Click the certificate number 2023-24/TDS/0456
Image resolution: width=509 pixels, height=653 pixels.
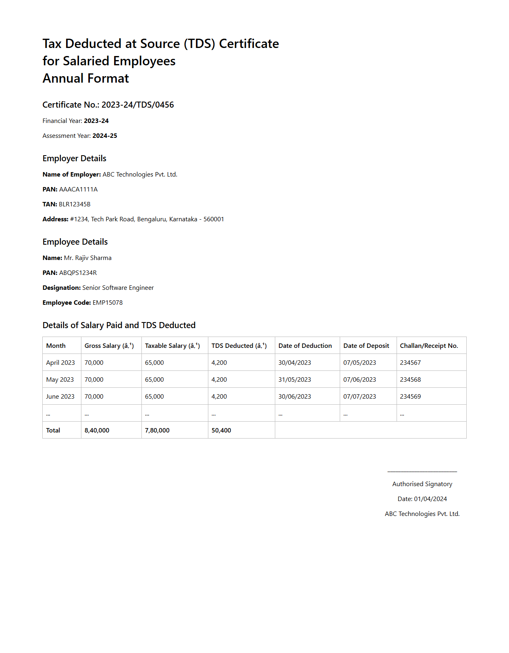[137, 105]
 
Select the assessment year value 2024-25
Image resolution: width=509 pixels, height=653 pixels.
[105, 136]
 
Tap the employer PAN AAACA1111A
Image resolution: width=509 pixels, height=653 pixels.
[78, 189]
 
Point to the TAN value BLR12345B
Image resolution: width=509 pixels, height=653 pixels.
[75, 204]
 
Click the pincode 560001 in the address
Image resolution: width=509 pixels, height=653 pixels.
[214, 219]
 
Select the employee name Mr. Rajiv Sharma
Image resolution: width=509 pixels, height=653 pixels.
[87, 258]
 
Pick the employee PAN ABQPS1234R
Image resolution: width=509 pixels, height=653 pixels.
[78, 273]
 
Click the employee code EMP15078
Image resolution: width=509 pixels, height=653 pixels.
[108, 303]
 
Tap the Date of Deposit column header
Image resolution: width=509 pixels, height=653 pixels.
[366, 346]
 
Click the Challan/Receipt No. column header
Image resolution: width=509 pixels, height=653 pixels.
[429, 346]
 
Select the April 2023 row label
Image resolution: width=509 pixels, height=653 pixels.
[60, 363]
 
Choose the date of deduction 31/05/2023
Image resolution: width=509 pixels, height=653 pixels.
[295, 380]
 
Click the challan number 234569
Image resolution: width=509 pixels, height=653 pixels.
[410, 397]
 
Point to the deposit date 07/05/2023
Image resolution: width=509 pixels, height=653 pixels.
[359, 363]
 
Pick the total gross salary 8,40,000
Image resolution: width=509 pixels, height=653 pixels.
[97, 430]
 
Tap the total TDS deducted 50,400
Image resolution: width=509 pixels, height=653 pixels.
[221, 430]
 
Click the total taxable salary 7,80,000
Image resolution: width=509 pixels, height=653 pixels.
[157, 430]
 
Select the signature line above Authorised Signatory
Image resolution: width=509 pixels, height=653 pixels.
[422, 471]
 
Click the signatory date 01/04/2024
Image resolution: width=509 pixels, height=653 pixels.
[430, 499]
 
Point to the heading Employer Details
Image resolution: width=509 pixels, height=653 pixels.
[75, 158]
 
